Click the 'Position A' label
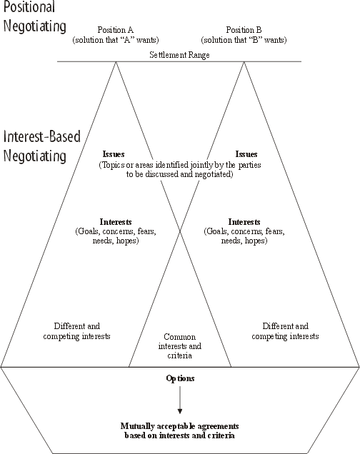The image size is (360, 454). coord(115,30)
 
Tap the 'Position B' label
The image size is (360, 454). coord(244,30)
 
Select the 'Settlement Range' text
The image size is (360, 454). coord(179,55)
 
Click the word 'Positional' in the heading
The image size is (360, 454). coord(29,6)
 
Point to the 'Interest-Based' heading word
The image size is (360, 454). coord(42,136)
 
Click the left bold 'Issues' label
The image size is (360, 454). coord(114,154)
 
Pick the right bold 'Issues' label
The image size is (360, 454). coord(246,154)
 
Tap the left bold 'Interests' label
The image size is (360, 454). coord(116,222)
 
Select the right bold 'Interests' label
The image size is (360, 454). coord(244,222)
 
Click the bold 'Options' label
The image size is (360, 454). coord(180,378)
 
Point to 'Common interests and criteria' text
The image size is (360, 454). coord(180,346)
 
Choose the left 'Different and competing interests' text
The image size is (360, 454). coord(76,331)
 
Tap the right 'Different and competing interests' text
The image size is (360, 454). coord(285,331)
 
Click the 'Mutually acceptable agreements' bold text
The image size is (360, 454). coord(179,426)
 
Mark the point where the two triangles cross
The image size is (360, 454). coord(180,231)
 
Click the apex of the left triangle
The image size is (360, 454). coord(116,61)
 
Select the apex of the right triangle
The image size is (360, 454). coord(244,61)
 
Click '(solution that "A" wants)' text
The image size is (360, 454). coord(116,40)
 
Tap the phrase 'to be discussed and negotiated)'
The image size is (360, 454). coord(179,174)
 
